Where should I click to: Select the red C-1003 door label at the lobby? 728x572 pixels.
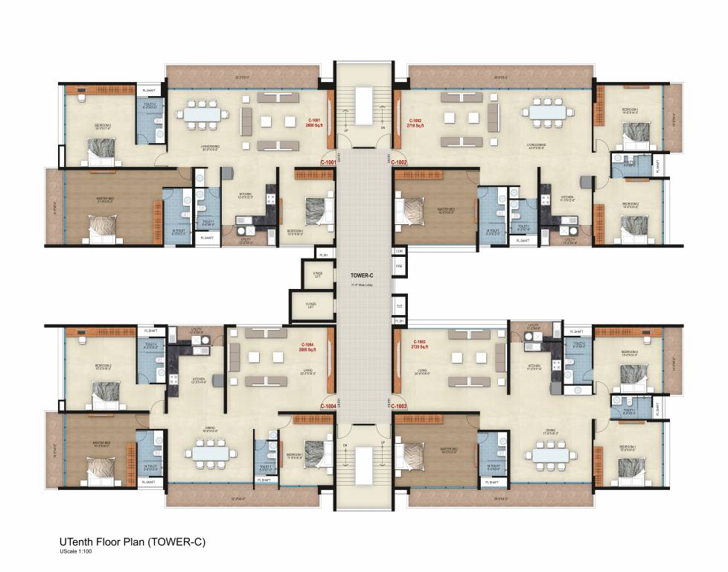(x=400, y=406)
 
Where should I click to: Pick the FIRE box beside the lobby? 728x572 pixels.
(x=399, y=266)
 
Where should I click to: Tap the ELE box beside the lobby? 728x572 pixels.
(x=400, y=305)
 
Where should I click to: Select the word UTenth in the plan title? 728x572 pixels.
(x=77, y=542)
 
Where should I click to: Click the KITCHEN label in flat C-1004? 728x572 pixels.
(x=198, y=378)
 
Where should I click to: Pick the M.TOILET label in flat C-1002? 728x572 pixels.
(x=489, y=231)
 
